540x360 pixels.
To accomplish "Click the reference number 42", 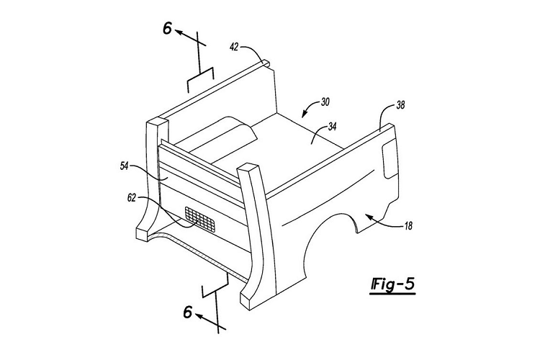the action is tap(234, 47).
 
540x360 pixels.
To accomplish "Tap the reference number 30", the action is tap(325, 102).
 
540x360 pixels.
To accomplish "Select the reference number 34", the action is tap(333, 127).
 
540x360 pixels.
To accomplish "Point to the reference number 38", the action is tap(400, 104).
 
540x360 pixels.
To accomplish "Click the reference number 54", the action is tap(125, 166).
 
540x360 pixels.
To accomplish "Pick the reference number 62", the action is tap(132, 198).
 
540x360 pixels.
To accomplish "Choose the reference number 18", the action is tap(408, 226).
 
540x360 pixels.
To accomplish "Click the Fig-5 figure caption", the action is tap(392, 284).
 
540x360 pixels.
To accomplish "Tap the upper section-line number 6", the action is tap(167, 29).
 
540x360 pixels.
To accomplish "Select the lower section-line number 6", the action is tap(188, 312).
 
